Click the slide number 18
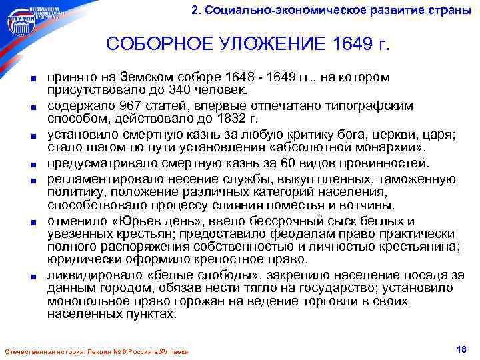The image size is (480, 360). pos(460,349)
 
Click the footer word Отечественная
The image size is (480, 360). pos(27,351)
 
